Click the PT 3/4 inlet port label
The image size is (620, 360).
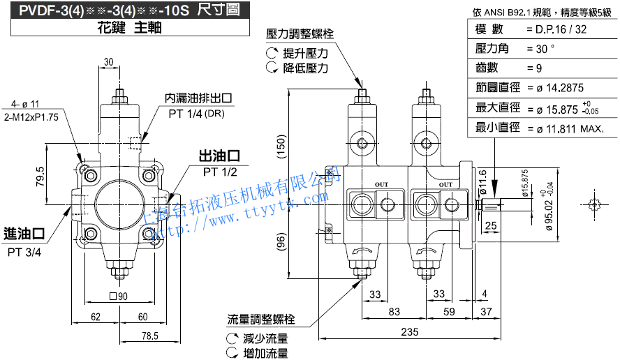coord(24,253)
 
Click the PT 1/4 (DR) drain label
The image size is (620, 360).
coord(198,113)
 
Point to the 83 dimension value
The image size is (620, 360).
coord(395,311)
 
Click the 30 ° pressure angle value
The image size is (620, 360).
coord(541,49)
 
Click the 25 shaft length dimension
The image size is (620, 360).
coord(490,225)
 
